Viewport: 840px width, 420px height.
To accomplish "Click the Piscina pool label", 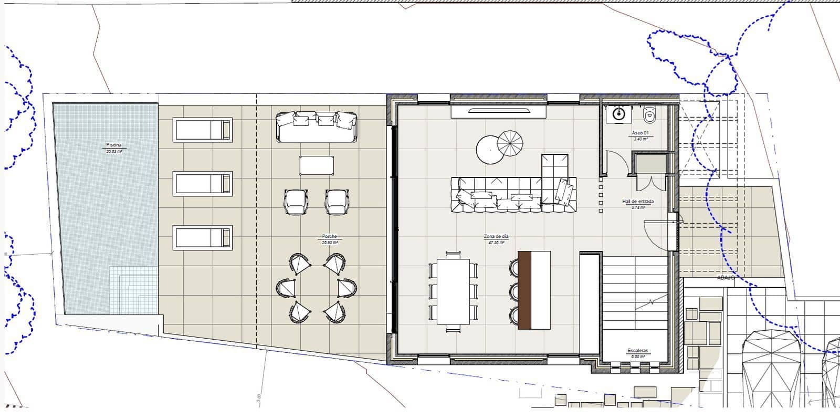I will pos(114,144).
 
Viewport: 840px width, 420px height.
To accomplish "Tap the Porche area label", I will pos(330,237).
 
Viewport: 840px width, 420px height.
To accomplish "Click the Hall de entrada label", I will pos(638,202).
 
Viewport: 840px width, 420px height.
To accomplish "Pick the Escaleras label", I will pos(638,351).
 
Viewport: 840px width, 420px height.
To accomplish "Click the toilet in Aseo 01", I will pos(650,112).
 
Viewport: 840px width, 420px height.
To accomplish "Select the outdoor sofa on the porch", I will pos(317,127).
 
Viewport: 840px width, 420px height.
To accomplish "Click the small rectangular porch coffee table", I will pos(317,165).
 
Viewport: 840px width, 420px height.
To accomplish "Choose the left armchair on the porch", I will pos(297,202).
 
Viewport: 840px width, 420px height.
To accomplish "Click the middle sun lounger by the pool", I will pos(203,184).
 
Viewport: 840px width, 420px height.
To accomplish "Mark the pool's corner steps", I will pos(134,289).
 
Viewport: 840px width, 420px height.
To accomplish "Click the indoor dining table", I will pos(453,291).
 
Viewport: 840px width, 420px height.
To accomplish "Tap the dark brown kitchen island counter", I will pos(524,290).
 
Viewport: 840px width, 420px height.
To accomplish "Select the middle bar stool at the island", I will pos(514,290).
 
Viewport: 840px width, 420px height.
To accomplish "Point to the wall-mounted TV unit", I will pos(498,111).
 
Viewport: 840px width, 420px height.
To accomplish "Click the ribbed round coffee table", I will pos(510,143).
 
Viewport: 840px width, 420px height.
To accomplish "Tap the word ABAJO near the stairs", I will pos(726,278).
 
